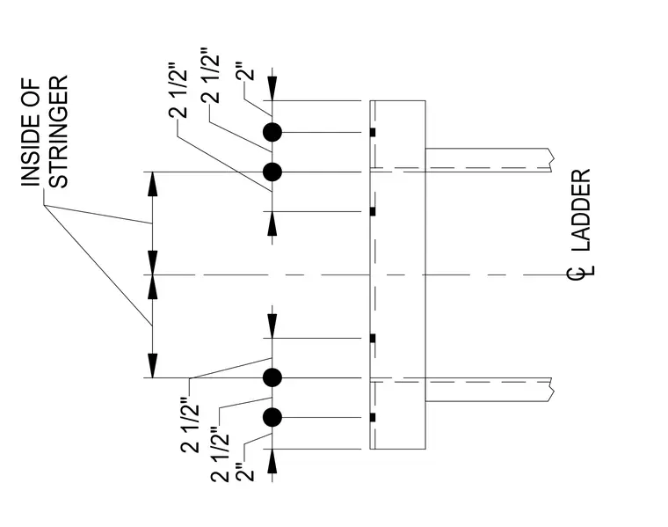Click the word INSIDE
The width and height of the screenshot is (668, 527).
(31, 150)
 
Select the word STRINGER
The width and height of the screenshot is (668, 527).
(58, 132)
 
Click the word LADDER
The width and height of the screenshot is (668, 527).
(581, 210)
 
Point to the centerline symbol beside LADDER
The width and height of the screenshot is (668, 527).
(581, 272)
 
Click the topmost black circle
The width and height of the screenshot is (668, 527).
(272, 132)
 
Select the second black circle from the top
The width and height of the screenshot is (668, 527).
(272, 172)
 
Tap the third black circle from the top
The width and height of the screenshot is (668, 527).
(272, 377)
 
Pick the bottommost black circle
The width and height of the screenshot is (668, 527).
(272, 417)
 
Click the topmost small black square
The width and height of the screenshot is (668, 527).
(373, 133)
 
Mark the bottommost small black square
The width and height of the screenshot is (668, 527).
(373, 417)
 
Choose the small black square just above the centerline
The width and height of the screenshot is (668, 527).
(373, 211)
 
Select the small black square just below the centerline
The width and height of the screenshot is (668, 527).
(373, 339)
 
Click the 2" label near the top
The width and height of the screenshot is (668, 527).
(246, 71)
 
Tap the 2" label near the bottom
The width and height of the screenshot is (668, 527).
(245, 472)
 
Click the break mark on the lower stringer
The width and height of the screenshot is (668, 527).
(552, 390)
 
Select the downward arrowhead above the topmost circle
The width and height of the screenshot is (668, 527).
(272, 88)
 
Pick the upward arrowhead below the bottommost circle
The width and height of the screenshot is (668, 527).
(272, 461)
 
